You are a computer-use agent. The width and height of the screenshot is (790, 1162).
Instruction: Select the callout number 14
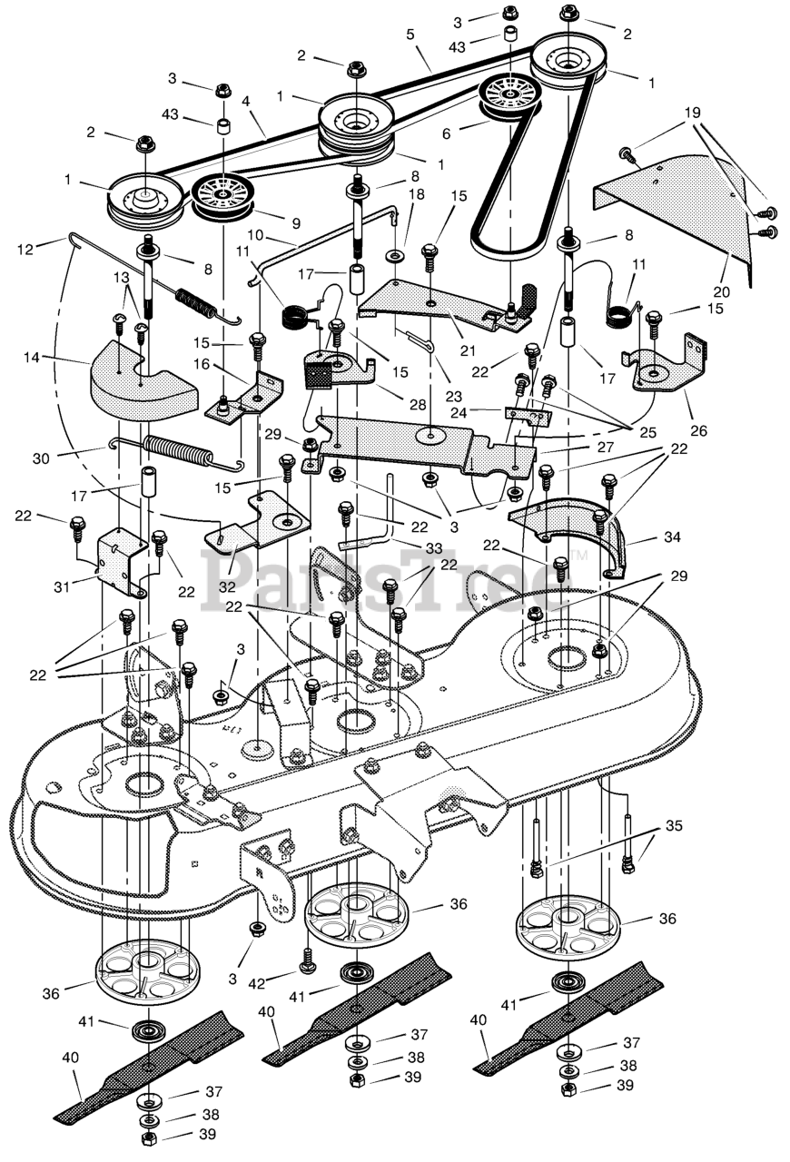tap(32, 357)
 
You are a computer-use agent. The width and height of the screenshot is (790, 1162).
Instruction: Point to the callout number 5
tap(410, 35)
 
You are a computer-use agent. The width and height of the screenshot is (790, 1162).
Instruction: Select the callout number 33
tap(433, 547)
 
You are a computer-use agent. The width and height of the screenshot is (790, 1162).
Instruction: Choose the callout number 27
tap(606, 447)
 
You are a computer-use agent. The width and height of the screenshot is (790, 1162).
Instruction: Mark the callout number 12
tap(25, 250)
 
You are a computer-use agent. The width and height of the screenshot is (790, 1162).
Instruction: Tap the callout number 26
tap(698, 430)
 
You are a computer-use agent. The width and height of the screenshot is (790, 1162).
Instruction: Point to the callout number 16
tap(201, 364)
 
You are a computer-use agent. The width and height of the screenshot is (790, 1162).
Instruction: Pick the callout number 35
tap(674, 825)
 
